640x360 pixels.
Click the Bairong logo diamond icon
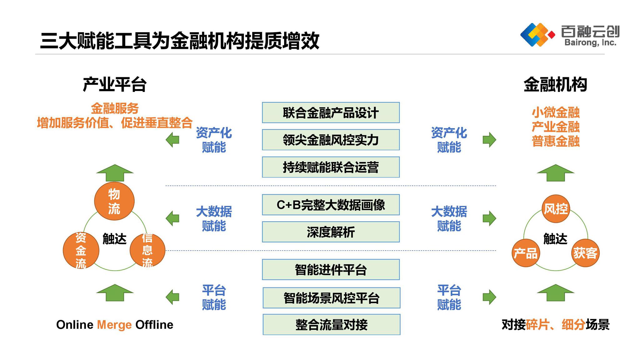(x=537, y=35)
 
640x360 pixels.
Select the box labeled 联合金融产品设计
(x=331, y=112)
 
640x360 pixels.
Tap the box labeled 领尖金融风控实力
(x=331, y=140)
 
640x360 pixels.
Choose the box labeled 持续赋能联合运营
(x=331, y=167)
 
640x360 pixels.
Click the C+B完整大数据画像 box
(x=331, y=205)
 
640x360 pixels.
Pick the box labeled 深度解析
(x=331, y=232)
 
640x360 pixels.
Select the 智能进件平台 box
(x=331, y=269)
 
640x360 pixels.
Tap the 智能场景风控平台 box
(x=331, y=298)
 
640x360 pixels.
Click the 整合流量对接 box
(x=331, y=325)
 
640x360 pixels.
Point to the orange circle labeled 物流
(x=114, y=201)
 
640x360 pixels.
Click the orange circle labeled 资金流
(x=81, y=250)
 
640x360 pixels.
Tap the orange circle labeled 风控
(x=556, y=209)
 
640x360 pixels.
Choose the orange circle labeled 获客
(x=585, y=253)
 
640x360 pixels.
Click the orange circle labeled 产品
(x=526, y=253)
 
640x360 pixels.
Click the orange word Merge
(x=114, y=325)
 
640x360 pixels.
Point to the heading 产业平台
(x=115, y=84)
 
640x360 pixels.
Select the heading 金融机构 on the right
(x=555, y=84)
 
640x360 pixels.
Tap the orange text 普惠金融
(x=556, y=141)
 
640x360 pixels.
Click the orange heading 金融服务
(x=115, y=108)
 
